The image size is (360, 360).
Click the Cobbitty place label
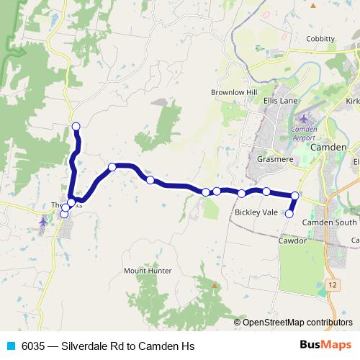(320, 39)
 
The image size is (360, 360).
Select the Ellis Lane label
(280, 100)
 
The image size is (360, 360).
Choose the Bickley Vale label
(255, 212)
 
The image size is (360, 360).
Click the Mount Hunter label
(147, 271)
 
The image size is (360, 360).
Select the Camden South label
(329, 222)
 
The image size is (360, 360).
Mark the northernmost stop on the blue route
(76, 127)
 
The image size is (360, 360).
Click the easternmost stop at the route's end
(294, 196)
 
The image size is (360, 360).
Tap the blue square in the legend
(11, 346)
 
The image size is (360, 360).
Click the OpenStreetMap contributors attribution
(297, 322)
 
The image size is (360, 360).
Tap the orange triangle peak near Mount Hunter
(213, 285)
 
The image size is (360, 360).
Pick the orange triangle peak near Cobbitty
(312, 6)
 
